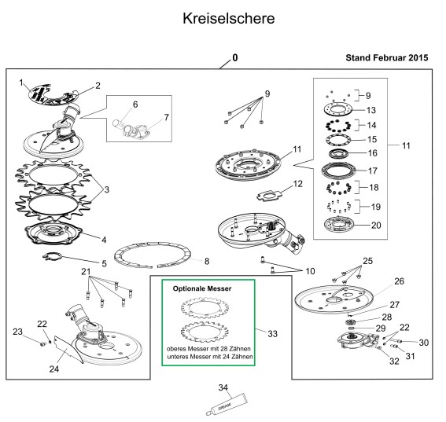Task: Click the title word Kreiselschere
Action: coord(229,19)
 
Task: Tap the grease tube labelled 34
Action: coord(227,405)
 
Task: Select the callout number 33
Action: coord(272,334)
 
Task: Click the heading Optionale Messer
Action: coord(202,288)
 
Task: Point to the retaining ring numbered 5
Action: coord(53,256)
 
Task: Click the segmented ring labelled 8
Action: coord(152,255)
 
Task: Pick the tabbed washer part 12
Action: coord(269,196)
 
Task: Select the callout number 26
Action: coord(399,281)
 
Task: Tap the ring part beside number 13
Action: coord(338,108)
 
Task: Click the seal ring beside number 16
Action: coord(339,154)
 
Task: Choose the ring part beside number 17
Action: coord(338,171)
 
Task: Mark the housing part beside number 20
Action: coord(338,225)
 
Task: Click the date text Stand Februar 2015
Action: coord(387,57)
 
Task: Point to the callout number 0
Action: coord(235,57)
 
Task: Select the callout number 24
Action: coord(54,369)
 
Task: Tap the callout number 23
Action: coord(17,332)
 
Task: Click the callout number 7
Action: coord(167,117)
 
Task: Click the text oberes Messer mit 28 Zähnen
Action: coord(208,348)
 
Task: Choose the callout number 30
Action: coord(424,343)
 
